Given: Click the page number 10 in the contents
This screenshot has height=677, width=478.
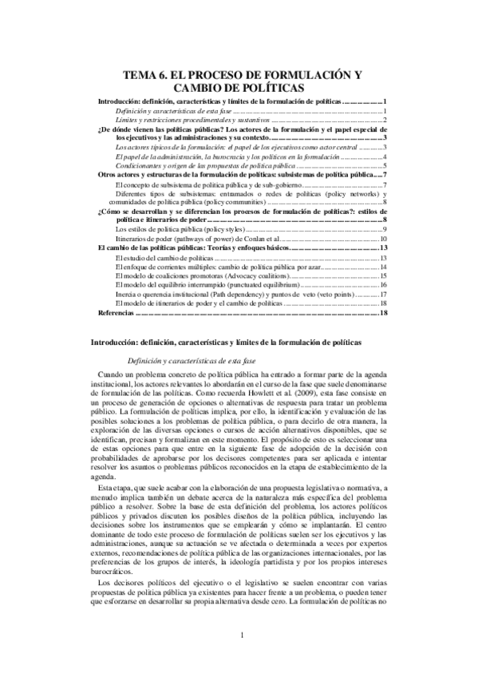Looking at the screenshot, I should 383,239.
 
